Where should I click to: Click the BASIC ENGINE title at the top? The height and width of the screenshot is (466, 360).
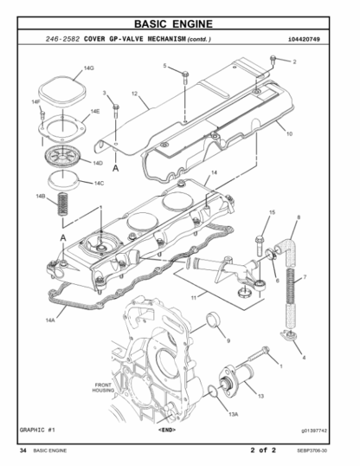click(173, 23)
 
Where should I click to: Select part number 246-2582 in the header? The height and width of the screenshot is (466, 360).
click(62, 39)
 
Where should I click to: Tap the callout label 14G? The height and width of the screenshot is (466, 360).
click(89, 68)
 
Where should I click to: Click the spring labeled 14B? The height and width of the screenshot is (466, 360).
click(62, 204)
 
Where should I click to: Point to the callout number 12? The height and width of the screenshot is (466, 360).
click(134, 94)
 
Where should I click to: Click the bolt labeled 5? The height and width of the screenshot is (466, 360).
click(185, 77)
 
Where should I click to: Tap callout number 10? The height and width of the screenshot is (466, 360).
click(289, 133)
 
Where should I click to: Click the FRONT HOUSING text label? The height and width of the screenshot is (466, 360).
click(103, 387)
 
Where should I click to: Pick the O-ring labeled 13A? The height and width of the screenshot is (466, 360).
click(213, 392)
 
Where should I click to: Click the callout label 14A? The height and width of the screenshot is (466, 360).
click(50, 320)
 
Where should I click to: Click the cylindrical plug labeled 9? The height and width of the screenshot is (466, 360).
click(214, 320)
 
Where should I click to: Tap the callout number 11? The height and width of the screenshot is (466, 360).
click(193, 297)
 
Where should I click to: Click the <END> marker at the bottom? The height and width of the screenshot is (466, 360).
click(167, 430)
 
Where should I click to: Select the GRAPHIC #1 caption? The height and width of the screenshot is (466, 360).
click(37, 430)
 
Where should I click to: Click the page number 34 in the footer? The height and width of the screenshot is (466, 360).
click(22, 450)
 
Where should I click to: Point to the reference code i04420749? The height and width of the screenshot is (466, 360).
click(304, 39)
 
